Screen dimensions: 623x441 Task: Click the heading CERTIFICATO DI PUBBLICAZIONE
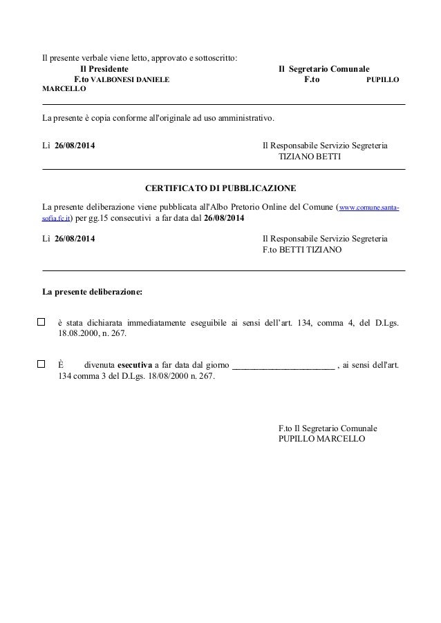(x=220, y=188)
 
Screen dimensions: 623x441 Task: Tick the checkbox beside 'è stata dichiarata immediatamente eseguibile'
(x=41, y=322)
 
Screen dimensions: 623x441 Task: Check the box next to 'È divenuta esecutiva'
(x=41, y=364)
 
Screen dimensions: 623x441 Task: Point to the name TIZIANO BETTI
(x=310, y=157)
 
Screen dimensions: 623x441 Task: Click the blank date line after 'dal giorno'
(x=283, y=365)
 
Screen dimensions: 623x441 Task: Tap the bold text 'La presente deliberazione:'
(x=93, y=292)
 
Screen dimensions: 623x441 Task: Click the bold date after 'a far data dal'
(x=224, y=218)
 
